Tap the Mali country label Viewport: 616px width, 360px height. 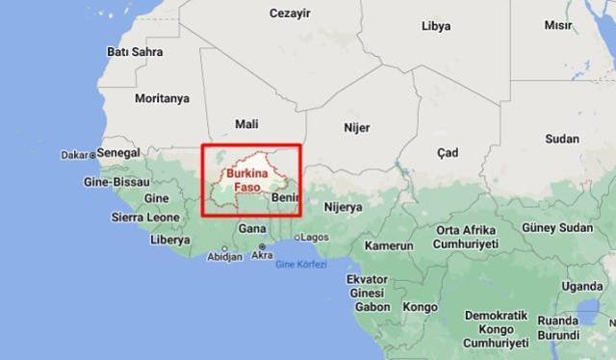(x=246, y=124)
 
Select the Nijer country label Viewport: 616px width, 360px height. (x=357, y=126)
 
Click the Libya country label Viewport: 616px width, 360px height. (x=436, y=26)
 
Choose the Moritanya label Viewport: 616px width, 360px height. (x=163, y=98)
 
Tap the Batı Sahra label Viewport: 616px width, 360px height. (x=134, y=50)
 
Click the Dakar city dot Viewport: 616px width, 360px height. (x=92, y=154)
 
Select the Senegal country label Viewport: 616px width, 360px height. (x=119, y=153)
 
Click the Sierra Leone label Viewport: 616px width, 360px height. (x=145, y=219)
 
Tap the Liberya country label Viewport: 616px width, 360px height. (x=169, y=239)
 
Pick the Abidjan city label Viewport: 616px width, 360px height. (x=224, y=257)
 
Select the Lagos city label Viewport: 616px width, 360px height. (x=317, y=237)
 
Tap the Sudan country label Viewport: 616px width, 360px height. (x=561, y=139)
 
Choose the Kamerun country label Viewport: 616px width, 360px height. (x=388, y=245)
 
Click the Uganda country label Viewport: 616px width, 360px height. (x=582, y=286)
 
